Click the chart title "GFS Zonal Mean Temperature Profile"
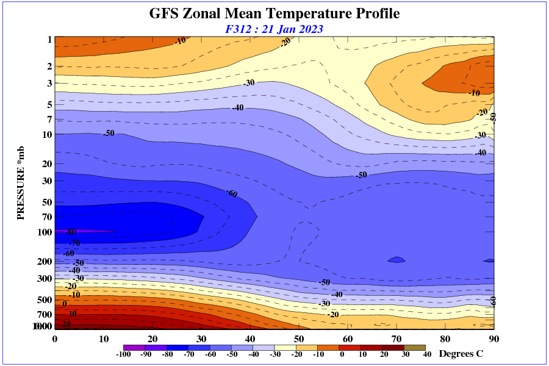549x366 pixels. tap(274, 13)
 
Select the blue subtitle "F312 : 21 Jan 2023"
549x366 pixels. tap(274, 29)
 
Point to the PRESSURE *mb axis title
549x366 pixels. tap(21, 183)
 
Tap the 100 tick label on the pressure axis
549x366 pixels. tap(45, 232)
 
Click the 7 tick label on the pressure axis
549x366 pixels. tap(49, 119)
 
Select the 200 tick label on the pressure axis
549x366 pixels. tap(45, 262)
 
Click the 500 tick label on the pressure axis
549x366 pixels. tap(45, 300)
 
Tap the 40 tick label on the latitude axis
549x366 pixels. tap(250, 339)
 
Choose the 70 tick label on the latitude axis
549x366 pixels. tap(396, 339)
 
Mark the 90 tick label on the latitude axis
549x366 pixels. tap(494, 339)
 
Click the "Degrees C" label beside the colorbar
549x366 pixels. tap(461, 354)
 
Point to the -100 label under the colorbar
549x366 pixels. tap(123, 354)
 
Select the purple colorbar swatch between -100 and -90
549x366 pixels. tap(134, 347)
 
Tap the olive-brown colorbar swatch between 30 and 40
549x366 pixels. tap(415, 347)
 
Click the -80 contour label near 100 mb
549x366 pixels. tap(70, 232)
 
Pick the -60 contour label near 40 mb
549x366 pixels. tap(232, 194)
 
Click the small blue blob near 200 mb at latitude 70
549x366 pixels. tap(396, 260)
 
